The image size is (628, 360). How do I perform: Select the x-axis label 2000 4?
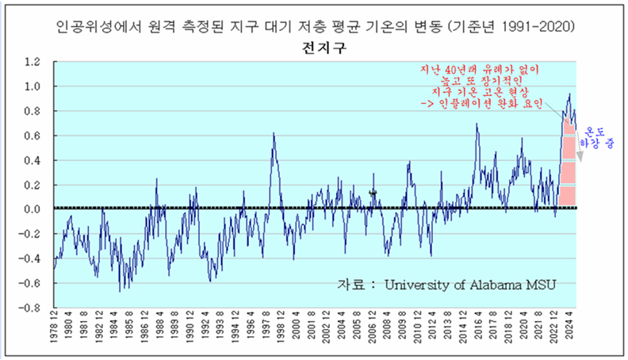pyautogui.click(x=297, y=332)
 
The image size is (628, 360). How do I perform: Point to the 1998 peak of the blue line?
pyautogui.click(x=274, y=134)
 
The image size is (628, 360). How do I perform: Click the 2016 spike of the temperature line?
pyautogui.click(x=477, y=124)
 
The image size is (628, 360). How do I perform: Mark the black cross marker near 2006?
pyautogui.click(x=373, y=193)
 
